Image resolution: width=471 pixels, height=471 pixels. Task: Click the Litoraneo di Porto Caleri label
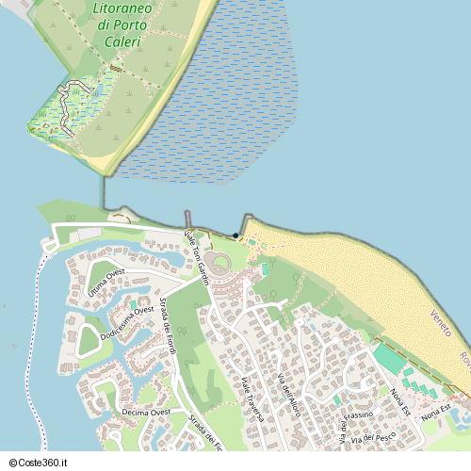pyautogui.click(x=131, y=26)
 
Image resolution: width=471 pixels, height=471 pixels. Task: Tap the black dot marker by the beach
pyautogui.click(x=235, y=235)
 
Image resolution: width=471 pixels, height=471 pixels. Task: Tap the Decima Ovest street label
pyautogui.click(x=146, y=413)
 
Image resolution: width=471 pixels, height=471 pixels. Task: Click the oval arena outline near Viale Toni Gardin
pyautogui.click(x=220, y=263)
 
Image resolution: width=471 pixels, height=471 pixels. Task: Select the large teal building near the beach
pyautogui.click(x=388, y=359)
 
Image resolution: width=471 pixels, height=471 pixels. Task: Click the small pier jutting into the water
pyautogui.click(x=187, y=219)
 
